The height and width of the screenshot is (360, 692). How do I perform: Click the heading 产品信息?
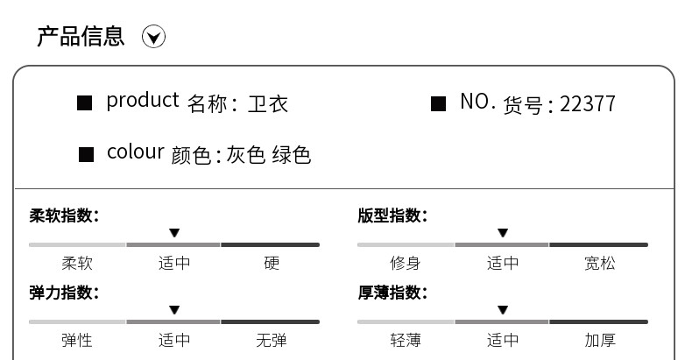point(81,36)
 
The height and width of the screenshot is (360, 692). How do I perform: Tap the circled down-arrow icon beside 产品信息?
point(154,37)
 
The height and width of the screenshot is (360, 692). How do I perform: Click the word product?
point(142,101)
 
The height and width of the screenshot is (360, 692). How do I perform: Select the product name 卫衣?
point(268,104)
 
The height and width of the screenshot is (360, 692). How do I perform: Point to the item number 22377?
point(588,104)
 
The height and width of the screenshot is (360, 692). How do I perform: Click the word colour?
point(135,152)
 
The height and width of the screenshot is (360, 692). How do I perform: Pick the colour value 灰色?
point(246,155)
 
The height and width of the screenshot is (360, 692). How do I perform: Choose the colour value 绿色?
point(292,155)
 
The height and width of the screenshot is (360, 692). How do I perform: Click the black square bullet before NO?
point(439,104)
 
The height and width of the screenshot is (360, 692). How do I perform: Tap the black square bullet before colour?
point(86,155)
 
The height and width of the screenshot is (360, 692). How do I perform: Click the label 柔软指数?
point(64,215)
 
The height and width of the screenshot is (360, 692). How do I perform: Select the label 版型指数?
point(392,215)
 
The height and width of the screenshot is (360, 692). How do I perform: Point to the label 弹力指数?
point(64,293)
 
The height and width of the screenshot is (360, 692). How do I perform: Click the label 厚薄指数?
point(392,293)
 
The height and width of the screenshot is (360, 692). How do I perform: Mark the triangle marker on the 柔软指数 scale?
point(174,233)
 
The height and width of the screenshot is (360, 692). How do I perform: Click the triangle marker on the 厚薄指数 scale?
point(503,310)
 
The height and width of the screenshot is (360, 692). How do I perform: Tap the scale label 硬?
point(272,263)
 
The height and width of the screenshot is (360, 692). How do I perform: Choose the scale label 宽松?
point(600,263)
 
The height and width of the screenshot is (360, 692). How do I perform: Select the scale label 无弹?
point(272,340)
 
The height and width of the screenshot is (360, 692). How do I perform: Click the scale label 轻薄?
point(406,340)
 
